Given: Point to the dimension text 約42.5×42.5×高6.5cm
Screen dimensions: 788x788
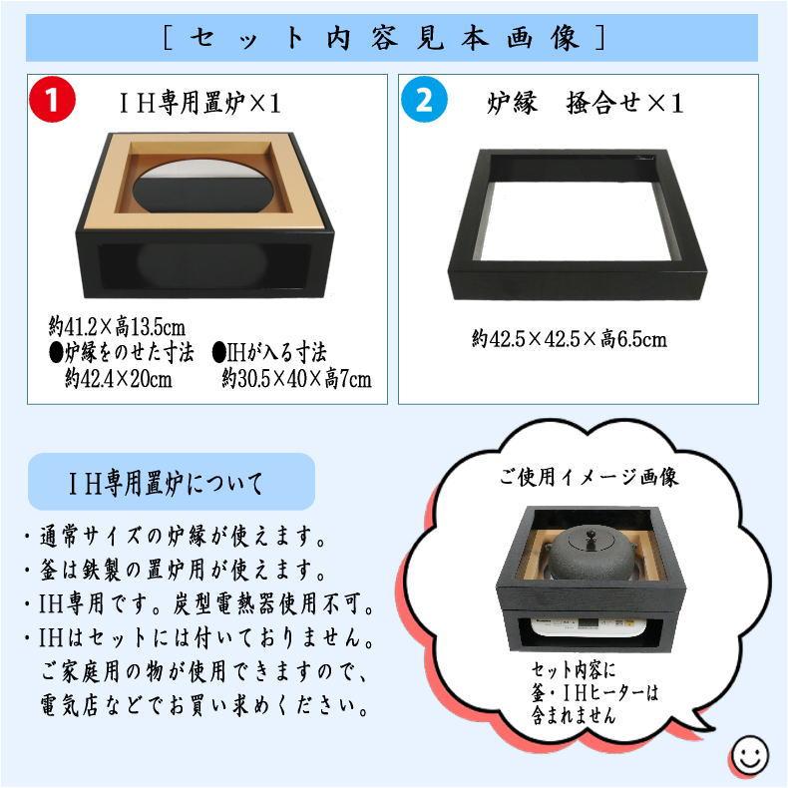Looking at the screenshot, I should coord(570,340).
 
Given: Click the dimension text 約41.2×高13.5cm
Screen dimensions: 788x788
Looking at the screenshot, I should coord(118,326).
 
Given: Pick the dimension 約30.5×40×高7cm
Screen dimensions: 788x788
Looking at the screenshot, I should coord(296,379).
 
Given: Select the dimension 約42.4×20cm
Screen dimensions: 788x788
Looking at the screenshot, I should coord(119,379).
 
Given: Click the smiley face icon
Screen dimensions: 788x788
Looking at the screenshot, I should coord(748,755).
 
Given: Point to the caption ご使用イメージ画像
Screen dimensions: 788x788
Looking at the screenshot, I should coord(589,477).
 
